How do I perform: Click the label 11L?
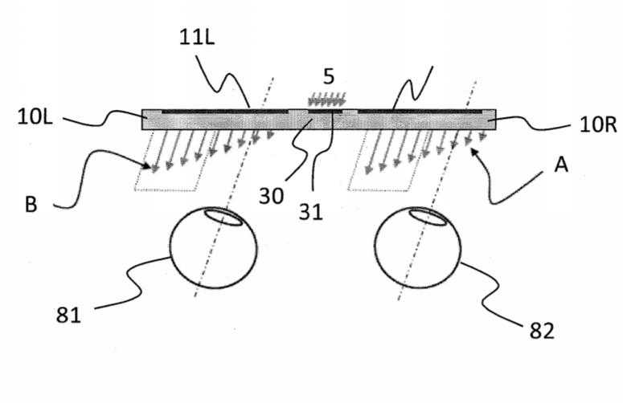pos(197,38)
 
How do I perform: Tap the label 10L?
pos(35,117)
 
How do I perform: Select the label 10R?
pos(598,124)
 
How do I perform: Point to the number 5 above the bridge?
pos(329,76)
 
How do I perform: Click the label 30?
pos(271,196)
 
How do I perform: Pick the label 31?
pos(310,212)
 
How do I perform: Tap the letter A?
pos(561,165)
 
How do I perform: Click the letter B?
pos(31,205)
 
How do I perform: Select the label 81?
pos(68,315)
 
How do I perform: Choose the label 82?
pos(542,331)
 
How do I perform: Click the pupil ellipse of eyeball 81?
pos(223,217)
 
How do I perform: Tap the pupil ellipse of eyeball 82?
pos(428,218)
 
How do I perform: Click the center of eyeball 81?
pos(214,247)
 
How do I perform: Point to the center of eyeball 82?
pos(417,247)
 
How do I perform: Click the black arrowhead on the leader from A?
pos(474,153)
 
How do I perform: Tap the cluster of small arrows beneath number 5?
pos(327,100)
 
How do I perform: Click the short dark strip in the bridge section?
pos(325,112)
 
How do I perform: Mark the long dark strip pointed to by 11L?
pos(225,112)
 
